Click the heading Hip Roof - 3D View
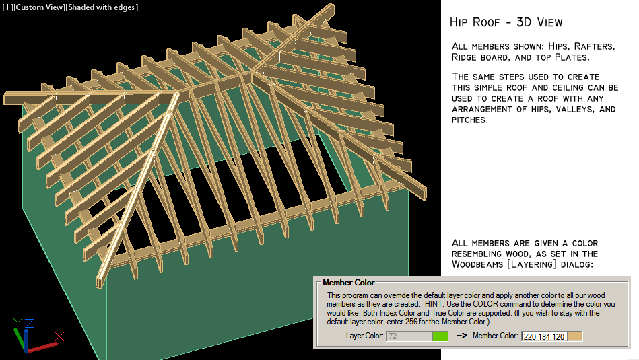[x=506, y=22]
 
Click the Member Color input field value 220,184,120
[x=544, y=336]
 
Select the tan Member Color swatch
[x=575, y=336]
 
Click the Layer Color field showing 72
[x=409, y=336]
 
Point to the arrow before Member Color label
[x=462, y=336]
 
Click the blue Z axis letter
[x=30, y=322]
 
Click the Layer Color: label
[x=364, y=336]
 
